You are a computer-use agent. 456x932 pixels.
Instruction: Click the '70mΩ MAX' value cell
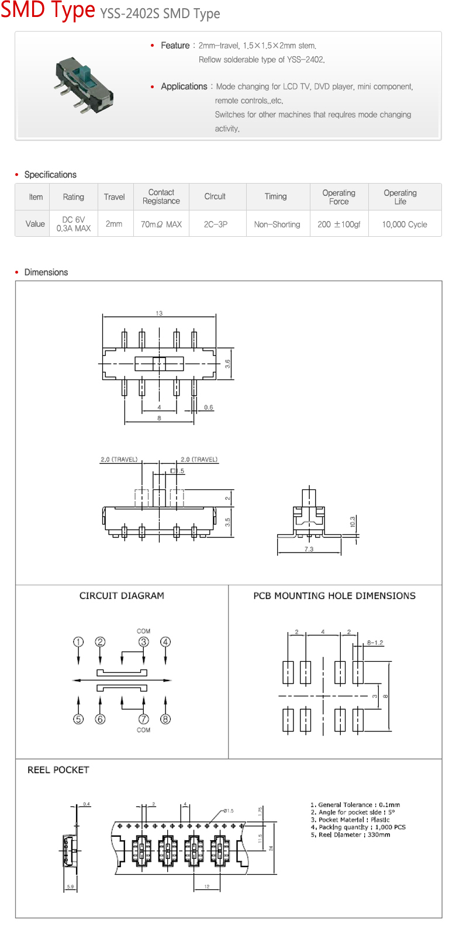(x=161, y=224)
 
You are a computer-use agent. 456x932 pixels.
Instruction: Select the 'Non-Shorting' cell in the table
(x=277, y=224)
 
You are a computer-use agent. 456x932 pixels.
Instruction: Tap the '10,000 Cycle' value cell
(x=405, y=224)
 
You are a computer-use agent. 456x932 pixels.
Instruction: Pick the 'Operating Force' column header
(x=339, y=197)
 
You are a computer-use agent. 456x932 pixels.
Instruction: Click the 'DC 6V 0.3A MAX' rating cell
(x=74, y=224)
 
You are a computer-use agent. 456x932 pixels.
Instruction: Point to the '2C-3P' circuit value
(x=216, y=224)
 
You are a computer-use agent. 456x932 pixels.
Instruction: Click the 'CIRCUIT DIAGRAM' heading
(x=122, y=596)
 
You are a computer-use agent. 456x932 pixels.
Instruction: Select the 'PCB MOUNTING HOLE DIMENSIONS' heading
(x=334, y=596)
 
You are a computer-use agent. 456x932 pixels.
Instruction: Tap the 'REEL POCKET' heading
(x=58, y=770)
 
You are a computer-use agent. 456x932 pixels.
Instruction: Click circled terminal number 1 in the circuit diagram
(x=78, y=642)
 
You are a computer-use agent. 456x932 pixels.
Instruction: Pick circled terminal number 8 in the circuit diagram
(x=165, y=719)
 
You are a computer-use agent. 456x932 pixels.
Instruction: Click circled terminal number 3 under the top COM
(x=144, y=642)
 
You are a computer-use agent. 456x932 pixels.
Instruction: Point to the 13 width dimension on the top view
(x=159, y=313)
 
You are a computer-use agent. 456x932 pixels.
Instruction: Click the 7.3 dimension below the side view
(x=309, y=549)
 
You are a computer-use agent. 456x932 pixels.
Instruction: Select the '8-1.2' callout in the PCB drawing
(x=375, y=643)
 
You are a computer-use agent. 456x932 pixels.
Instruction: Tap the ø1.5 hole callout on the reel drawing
(x=228, y=811)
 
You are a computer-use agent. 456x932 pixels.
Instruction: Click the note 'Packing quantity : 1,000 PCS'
(x=358, y=827)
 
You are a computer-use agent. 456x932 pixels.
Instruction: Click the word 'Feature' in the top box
(x=175, y=46)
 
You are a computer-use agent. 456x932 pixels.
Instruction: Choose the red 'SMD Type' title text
(x=48, y=11)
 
